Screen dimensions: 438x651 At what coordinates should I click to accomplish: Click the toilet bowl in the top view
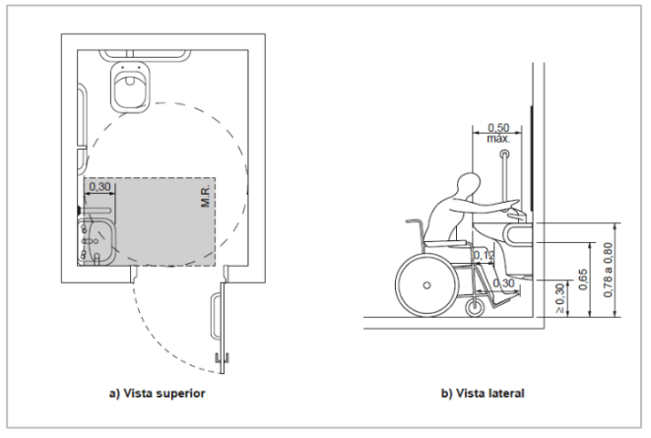pos(129,85)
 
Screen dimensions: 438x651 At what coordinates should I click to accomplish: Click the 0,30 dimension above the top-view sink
pos(99,186)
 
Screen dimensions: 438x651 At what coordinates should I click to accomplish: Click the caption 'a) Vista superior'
pos(156,393)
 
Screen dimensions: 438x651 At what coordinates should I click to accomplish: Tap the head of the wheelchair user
pos(468,186)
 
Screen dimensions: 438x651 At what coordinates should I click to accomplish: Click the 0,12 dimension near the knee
pos(483,256)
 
